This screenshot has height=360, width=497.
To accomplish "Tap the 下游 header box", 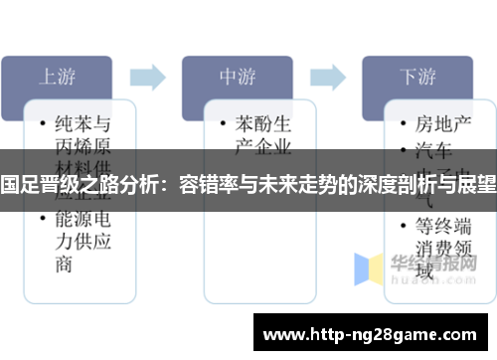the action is (x=416, y=76).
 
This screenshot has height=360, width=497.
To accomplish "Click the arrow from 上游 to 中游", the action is (x=146, y=76).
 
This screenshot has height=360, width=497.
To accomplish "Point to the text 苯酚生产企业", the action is (x=262, y=135).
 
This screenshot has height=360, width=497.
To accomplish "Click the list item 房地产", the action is (x=442, y=124).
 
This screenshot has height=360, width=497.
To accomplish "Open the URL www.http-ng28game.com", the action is (x=372, y=331).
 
